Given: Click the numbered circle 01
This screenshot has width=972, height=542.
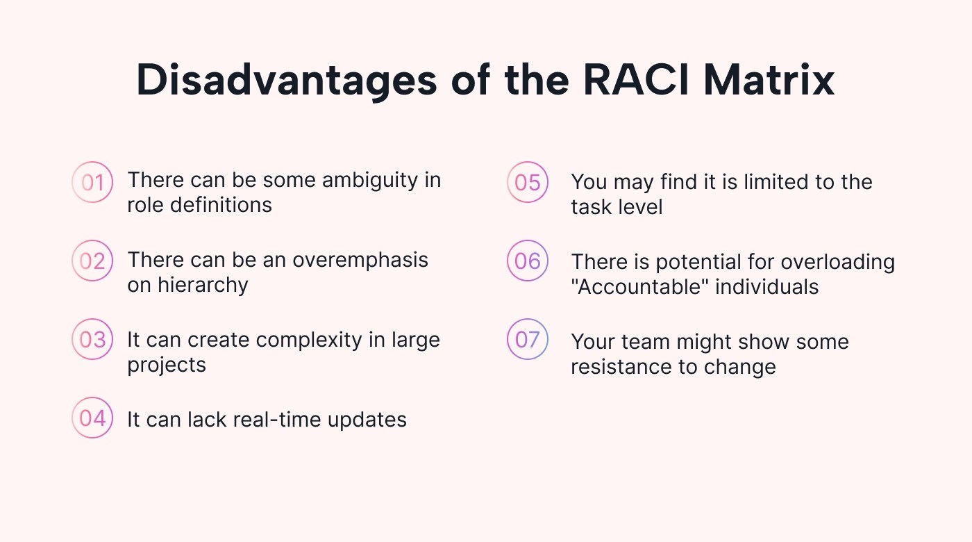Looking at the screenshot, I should (92, 182).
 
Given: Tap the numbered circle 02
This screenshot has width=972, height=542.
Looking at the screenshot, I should (92, 261).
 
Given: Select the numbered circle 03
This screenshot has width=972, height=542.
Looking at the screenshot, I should (92, 340).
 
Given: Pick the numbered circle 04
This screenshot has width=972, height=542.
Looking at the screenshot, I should (92, 418).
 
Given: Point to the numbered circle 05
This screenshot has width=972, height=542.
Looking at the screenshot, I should (528, 182).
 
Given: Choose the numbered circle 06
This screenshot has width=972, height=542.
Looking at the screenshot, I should (528, 261).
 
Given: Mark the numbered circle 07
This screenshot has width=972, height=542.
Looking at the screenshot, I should (528, 340).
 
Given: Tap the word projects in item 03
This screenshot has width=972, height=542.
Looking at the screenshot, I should (167, 366).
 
